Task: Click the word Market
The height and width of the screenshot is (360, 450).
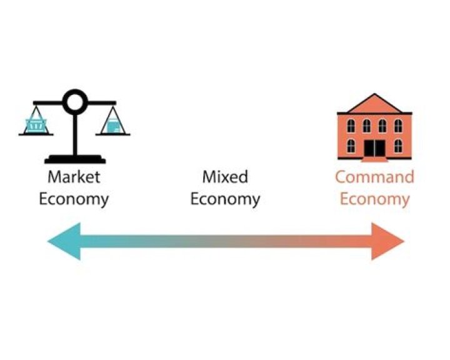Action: pyautogui.click(x=74, y=177)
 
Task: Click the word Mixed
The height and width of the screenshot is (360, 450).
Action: pyautogui.click(x=225, y=177)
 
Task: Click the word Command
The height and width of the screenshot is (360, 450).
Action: pyautogui.click(x=375, y=177)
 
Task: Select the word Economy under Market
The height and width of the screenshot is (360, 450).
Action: pyautogui.click(x=74, y=199)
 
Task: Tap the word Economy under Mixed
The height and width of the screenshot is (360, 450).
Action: pyautogui.click(x=225, y=199)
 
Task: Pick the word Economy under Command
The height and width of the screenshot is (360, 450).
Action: pyautogui.click(x=375, y=199)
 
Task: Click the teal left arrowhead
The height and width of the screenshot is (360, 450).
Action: pyautogui.click(x=64, y=241)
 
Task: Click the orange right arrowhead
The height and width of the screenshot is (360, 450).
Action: pyautogui.click(x=388, y=241)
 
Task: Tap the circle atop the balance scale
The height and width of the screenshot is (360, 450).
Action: pyautogui.click(x=75, y=102)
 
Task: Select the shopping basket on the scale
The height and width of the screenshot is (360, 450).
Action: pyautogui.click(x=36, y=124)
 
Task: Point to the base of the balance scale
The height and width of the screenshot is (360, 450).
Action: pyautogui.click(x=75, y=159)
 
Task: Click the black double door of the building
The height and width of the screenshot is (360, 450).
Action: pyautogui.click(x=374, y=148)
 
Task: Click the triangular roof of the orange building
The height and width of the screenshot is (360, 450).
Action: pyautogui.click(x=374, y=103)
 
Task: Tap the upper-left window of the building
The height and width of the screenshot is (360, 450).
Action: pyautogui.click(x=351, y=126)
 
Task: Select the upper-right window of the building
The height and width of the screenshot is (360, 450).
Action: pyautogui.click(x=398, y=126)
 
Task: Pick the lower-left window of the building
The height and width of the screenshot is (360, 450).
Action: pyautogui.click(x=351, y=146)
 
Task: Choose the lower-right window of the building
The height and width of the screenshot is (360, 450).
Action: pyautogui.click(x=398, y=146)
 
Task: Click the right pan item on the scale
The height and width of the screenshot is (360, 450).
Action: pyautogui.click(x=112, y=126)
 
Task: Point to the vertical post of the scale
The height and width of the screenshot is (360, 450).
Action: pyautogui.click(x=75, y=134)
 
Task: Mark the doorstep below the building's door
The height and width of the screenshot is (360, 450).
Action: pyautogui.click(x=374, y=159)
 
